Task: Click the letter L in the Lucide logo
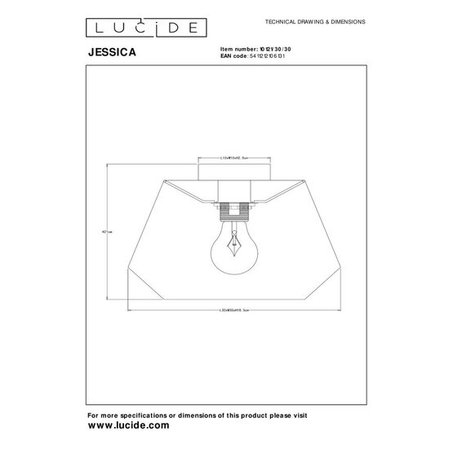click(96, 28)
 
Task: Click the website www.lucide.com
click(128, 425)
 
